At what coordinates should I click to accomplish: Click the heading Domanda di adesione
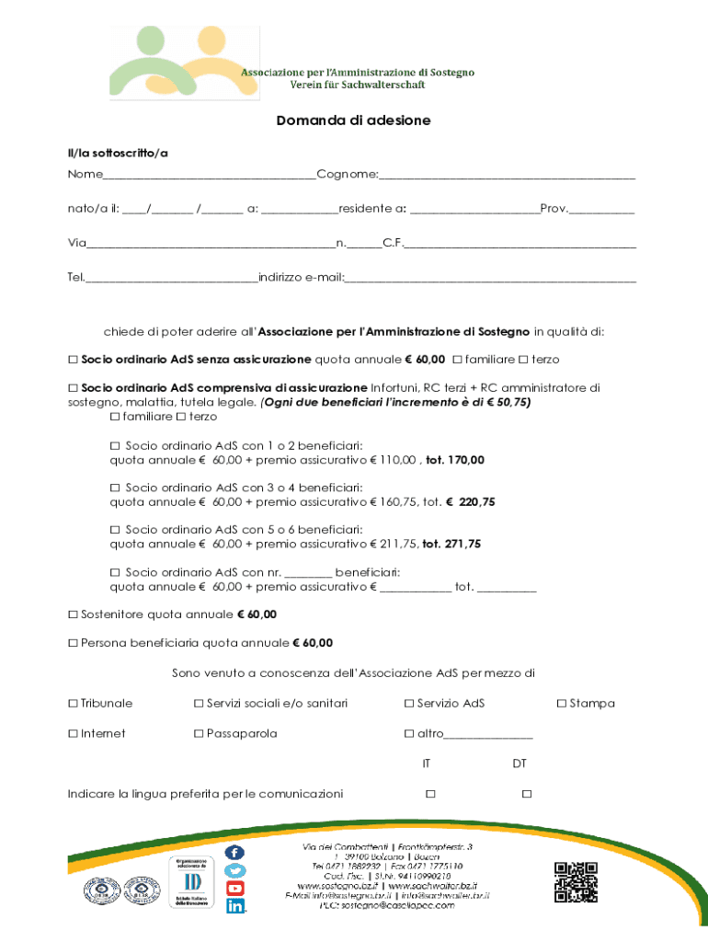click(354, 121)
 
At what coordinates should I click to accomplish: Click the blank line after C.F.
click(520, 245)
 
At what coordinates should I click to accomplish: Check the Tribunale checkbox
click(73, 704)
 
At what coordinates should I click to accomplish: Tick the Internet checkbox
click(73, 734)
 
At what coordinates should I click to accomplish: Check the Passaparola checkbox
click(199, 734)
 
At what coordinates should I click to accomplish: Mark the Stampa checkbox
click(562, 704)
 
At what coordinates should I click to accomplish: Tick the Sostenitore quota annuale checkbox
click(73, 615)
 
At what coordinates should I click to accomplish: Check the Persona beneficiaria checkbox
click(73, 643)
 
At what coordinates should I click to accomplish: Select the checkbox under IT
click(430, 793)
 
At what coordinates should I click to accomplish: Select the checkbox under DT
click(527, 793)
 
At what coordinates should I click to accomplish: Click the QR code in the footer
click(576, 882)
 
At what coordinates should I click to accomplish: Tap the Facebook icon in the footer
click(235, 854)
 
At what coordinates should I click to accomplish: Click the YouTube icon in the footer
click(235, 889)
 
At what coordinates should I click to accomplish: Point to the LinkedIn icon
click(235, 906)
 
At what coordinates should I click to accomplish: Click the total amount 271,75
click(462, 544)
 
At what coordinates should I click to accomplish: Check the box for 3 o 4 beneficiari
click(115, 487)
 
